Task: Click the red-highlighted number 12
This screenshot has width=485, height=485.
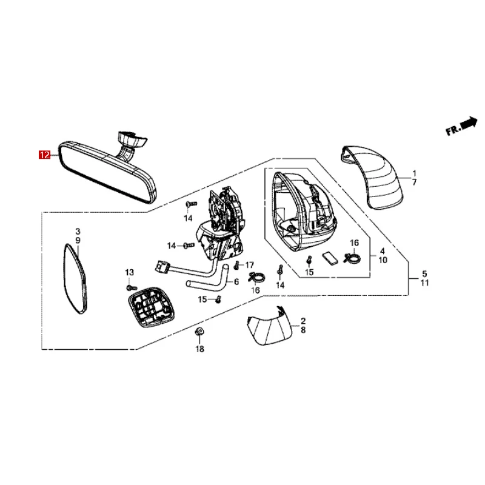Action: coord(45,155)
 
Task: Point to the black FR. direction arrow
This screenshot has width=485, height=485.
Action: coord(469,123)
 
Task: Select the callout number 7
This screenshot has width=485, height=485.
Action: coord(414,182)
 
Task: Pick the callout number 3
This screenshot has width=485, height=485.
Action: coord(78,232)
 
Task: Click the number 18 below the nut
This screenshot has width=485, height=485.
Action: coord(199,349)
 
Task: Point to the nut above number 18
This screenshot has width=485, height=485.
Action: coord(200,332)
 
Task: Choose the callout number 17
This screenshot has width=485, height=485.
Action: coord(250,265)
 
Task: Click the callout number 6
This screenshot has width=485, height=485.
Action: coord(236,282)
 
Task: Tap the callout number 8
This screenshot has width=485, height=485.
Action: coord(303,332)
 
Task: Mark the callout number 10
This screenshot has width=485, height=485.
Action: coord(383,260)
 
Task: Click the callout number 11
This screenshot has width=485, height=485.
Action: coord(424,283)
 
